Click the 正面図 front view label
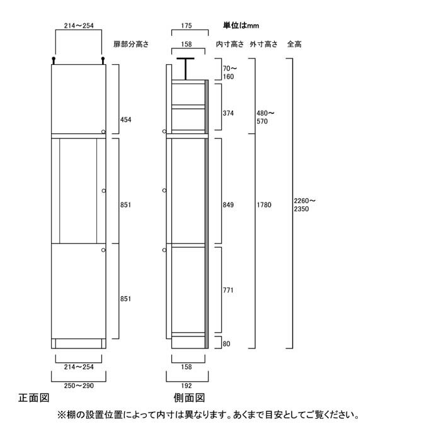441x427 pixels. coord(34,397)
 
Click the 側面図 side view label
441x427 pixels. coord(189,397)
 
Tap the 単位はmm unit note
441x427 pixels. coord(241,26)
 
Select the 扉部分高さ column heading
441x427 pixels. coord(131,44)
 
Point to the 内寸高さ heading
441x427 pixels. coord(230,44)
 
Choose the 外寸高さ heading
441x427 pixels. coord(263,44)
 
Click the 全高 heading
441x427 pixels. coord(294,44)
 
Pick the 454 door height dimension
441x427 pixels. coord(126,119)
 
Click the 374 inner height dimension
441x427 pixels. coord(228,113)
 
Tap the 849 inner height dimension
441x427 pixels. coord(228,204)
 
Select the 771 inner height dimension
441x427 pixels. coord(228,290)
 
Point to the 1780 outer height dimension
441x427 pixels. coord(264,204)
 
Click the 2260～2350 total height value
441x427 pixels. coord(304,204)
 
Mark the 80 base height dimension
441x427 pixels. coord(226,343)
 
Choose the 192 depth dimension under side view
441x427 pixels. coord(186,385)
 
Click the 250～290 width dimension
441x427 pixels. coord(79,385)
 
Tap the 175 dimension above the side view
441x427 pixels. coord(186,26)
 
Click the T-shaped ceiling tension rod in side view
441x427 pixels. coord(185,69)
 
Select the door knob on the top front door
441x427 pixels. coord(103,131)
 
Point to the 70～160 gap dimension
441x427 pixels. coord(230,72)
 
